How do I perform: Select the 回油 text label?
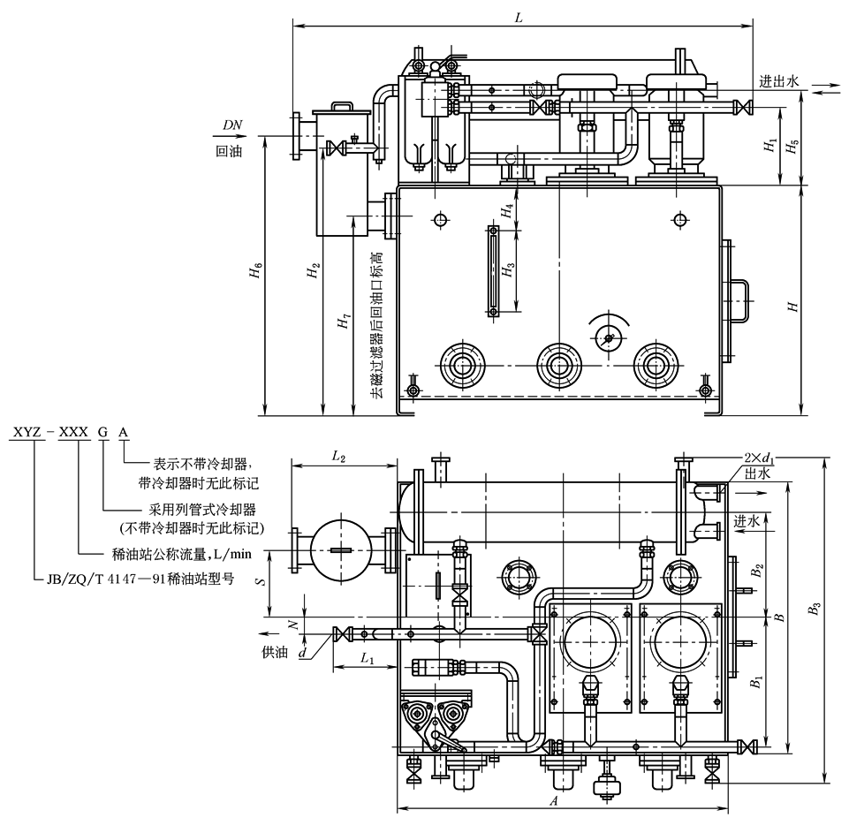point(229,151)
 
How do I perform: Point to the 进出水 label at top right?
point(779,80)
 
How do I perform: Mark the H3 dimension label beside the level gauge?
point(508,269)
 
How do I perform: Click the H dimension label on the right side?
point(794,306)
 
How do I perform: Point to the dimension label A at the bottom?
point(553,801)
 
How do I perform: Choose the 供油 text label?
point(275,651)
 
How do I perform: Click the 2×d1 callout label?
point(761,458)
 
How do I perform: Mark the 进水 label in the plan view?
point(747,520)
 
